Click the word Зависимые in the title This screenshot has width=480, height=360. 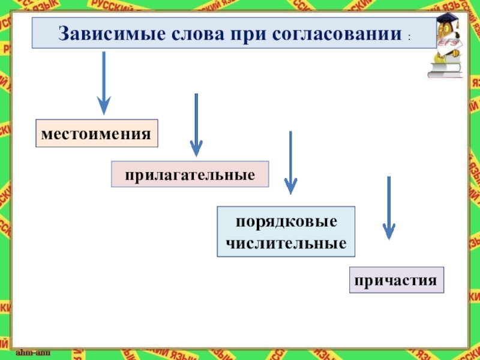[98, 34]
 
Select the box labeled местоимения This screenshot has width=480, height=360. [97, 133]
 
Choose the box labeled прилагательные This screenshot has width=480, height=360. [190, 174]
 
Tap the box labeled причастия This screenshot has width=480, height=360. [397, 280]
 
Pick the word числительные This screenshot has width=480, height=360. [286, 244]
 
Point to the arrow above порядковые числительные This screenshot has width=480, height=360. [290, 162]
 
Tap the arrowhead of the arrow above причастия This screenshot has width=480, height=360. [389, 232]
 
